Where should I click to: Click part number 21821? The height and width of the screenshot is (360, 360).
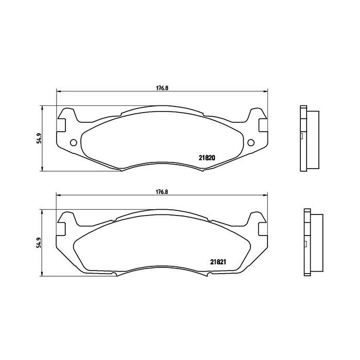pyautogui.click(x=218, y=261)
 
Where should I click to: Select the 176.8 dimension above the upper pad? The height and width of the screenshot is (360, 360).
pyautogui.click(x=163, y=87)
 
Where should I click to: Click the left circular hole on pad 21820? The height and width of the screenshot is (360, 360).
pyautogui.click(x=73, y=143)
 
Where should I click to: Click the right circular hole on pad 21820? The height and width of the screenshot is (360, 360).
pyautogui.click(x=251, y=143)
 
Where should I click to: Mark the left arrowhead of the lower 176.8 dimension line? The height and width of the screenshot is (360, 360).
pyautogui.click(x=58, y=195)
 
